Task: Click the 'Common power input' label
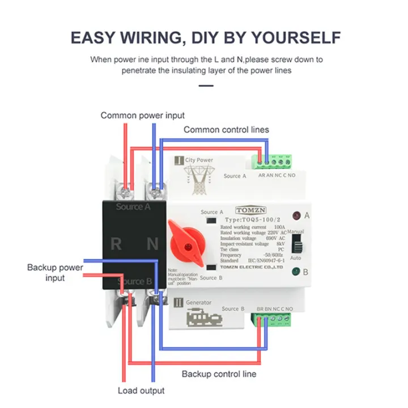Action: point(142,116)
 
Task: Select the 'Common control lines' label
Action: point(226,130)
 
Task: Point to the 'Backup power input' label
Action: point(55,273)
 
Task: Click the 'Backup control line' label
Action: point(219,374)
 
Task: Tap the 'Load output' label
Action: point(141,390)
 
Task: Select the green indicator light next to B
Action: point(295,272)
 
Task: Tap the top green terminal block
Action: point(274,161)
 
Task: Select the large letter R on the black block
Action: point(116,244)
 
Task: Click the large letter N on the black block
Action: point(152,244)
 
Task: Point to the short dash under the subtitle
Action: point(206,86)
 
